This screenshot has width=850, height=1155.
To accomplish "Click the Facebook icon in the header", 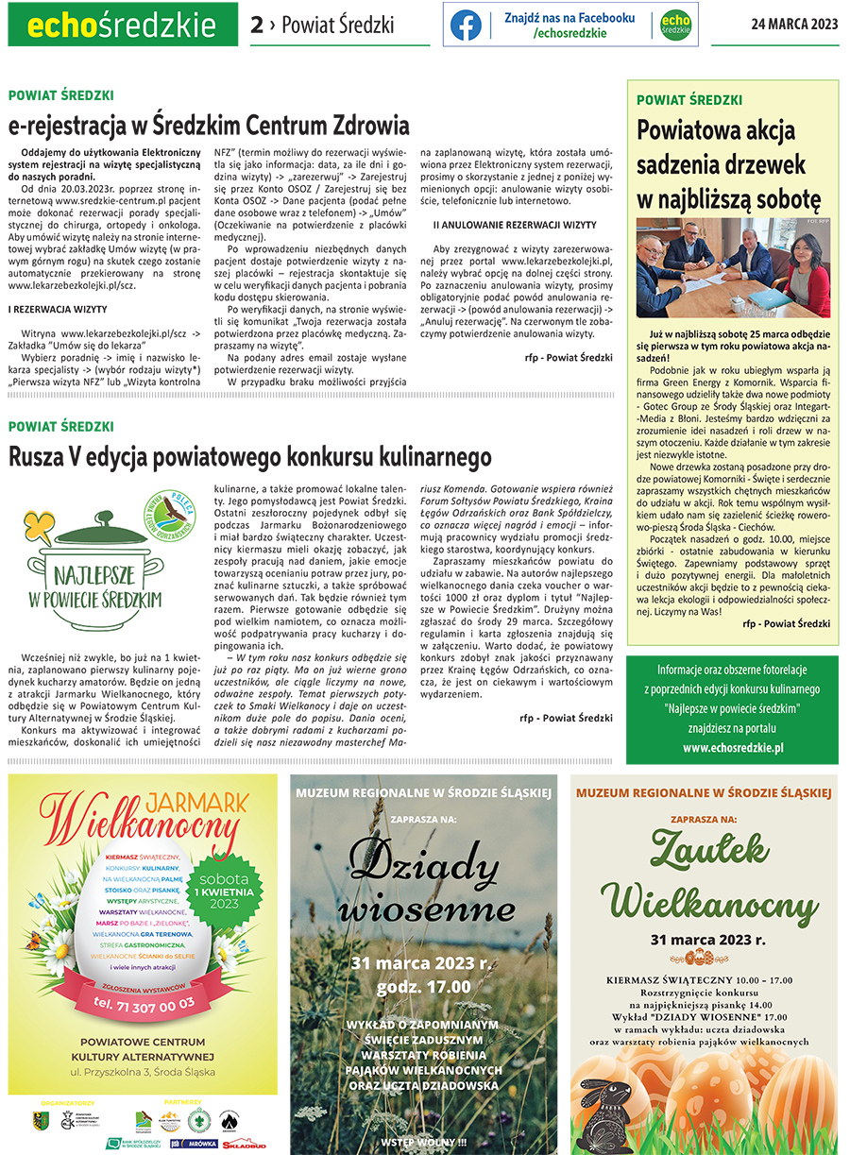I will (466, 25).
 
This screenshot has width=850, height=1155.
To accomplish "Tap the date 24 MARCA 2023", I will (794, 25).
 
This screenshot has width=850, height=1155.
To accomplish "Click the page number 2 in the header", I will (257, 25).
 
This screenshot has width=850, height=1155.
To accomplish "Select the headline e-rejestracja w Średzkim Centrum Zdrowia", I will (209, 126).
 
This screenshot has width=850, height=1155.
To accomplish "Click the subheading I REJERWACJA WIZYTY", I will (58, 309).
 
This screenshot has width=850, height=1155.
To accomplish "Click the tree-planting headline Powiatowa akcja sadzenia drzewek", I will (729, 163).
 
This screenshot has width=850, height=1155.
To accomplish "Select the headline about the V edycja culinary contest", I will (250, 457).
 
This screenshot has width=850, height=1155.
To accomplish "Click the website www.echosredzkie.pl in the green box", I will (732, 747).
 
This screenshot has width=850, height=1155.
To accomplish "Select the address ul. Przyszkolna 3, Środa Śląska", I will (144, 1075).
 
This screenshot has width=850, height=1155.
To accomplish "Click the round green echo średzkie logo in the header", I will (674, 25).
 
